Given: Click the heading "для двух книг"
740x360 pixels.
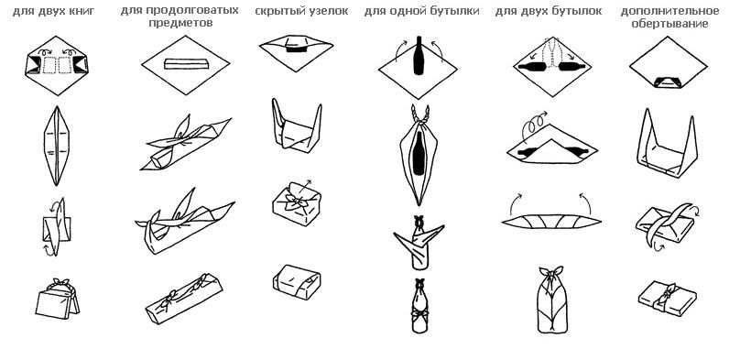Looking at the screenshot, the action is pyautogui.click(x=53, y=11).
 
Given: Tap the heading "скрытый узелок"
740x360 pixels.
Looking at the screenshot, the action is pyautogui.click(x=301, y=11).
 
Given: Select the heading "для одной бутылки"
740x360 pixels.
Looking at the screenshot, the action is pyautogui.click(x=421, y=11).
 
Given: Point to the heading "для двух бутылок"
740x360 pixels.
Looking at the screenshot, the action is pyautogui.click(x=549, y=11).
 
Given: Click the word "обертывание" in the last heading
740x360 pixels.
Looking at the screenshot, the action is pyautogui.click(x=669, y=24).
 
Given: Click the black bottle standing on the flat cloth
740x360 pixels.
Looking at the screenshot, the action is pyautogui.click(x=419, y=55).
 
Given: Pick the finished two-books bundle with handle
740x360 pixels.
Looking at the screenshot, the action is pyautogui.click(x=57, y=299).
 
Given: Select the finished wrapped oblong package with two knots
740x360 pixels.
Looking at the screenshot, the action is pyautogui.click(x=183, y=299).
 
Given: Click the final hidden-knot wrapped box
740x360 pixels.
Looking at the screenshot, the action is pyautogui.click(x=297, y=282).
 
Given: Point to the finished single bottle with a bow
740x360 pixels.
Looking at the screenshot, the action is pyautogui.click(x=419, y=306).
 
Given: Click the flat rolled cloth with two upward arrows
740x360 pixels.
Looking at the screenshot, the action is pyautogui.click(x=551, y=221).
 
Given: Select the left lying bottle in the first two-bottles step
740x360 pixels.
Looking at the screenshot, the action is pyautogui.click(x=532, y=67).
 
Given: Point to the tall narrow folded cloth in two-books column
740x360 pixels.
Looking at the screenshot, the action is pyautogui.click(x=56, y=146).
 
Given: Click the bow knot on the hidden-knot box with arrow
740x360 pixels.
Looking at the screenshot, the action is pyautogui.click(x=295, y=202).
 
